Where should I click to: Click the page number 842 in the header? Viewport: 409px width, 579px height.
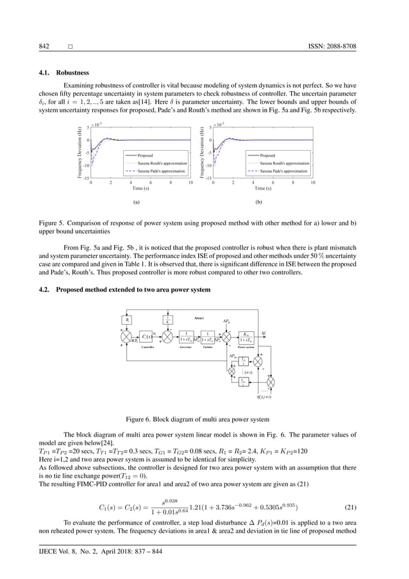(x=45, y=47)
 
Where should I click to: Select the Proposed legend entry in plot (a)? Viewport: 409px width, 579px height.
(x=145, y=155)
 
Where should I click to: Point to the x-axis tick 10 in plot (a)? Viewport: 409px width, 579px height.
(x=190, y=183)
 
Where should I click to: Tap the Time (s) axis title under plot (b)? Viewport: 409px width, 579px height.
(x=263, y=189)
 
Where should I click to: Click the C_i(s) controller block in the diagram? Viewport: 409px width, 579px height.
(x=147, y=337)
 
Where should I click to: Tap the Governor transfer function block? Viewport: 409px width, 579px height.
(x=187, y=337)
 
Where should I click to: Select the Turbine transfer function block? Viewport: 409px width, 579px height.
(x=208, y=337)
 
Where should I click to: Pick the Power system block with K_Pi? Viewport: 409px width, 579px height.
(x=245, y=337)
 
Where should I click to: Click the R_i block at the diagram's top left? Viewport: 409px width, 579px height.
(x=127, y=318)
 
